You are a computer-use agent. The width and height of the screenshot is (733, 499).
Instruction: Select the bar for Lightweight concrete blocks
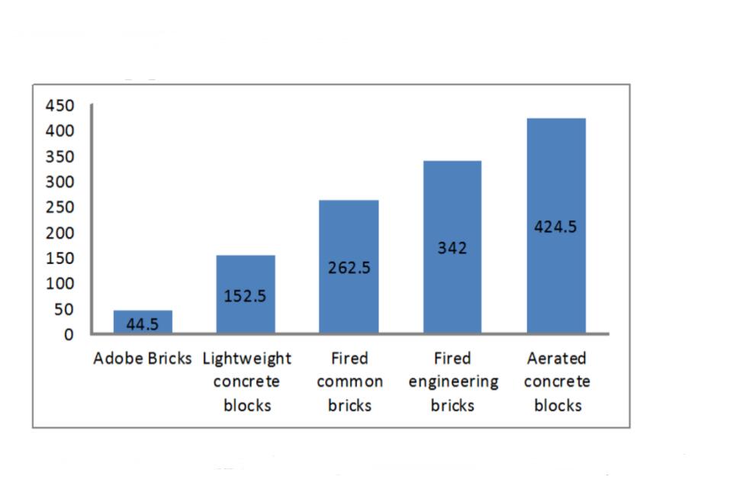[246, 275]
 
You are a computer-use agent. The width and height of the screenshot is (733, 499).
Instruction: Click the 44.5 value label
[143, 324]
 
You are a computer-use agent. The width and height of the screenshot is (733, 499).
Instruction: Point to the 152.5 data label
[246, 296]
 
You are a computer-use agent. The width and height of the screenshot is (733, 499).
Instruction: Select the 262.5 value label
[349, 268]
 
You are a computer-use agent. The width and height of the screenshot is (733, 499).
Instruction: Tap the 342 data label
[452, 248]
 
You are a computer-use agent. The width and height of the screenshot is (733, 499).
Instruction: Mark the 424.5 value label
[555, 227]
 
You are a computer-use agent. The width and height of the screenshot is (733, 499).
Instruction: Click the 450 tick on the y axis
[60, 105]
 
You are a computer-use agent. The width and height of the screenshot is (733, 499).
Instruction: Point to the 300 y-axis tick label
[60, 182]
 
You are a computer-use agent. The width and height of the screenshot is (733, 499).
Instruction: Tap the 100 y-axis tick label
[60, 283]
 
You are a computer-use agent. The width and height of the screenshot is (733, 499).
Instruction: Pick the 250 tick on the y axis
[60, 207]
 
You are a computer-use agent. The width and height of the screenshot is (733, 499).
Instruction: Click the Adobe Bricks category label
[143, 359]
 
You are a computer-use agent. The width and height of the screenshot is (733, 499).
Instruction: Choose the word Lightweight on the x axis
[247, 359]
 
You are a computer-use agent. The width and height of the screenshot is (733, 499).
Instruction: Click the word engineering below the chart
[453, 381]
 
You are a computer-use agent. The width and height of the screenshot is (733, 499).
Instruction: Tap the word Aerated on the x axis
[557, 359]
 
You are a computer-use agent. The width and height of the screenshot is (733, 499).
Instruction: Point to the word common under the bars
[349, 381]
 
